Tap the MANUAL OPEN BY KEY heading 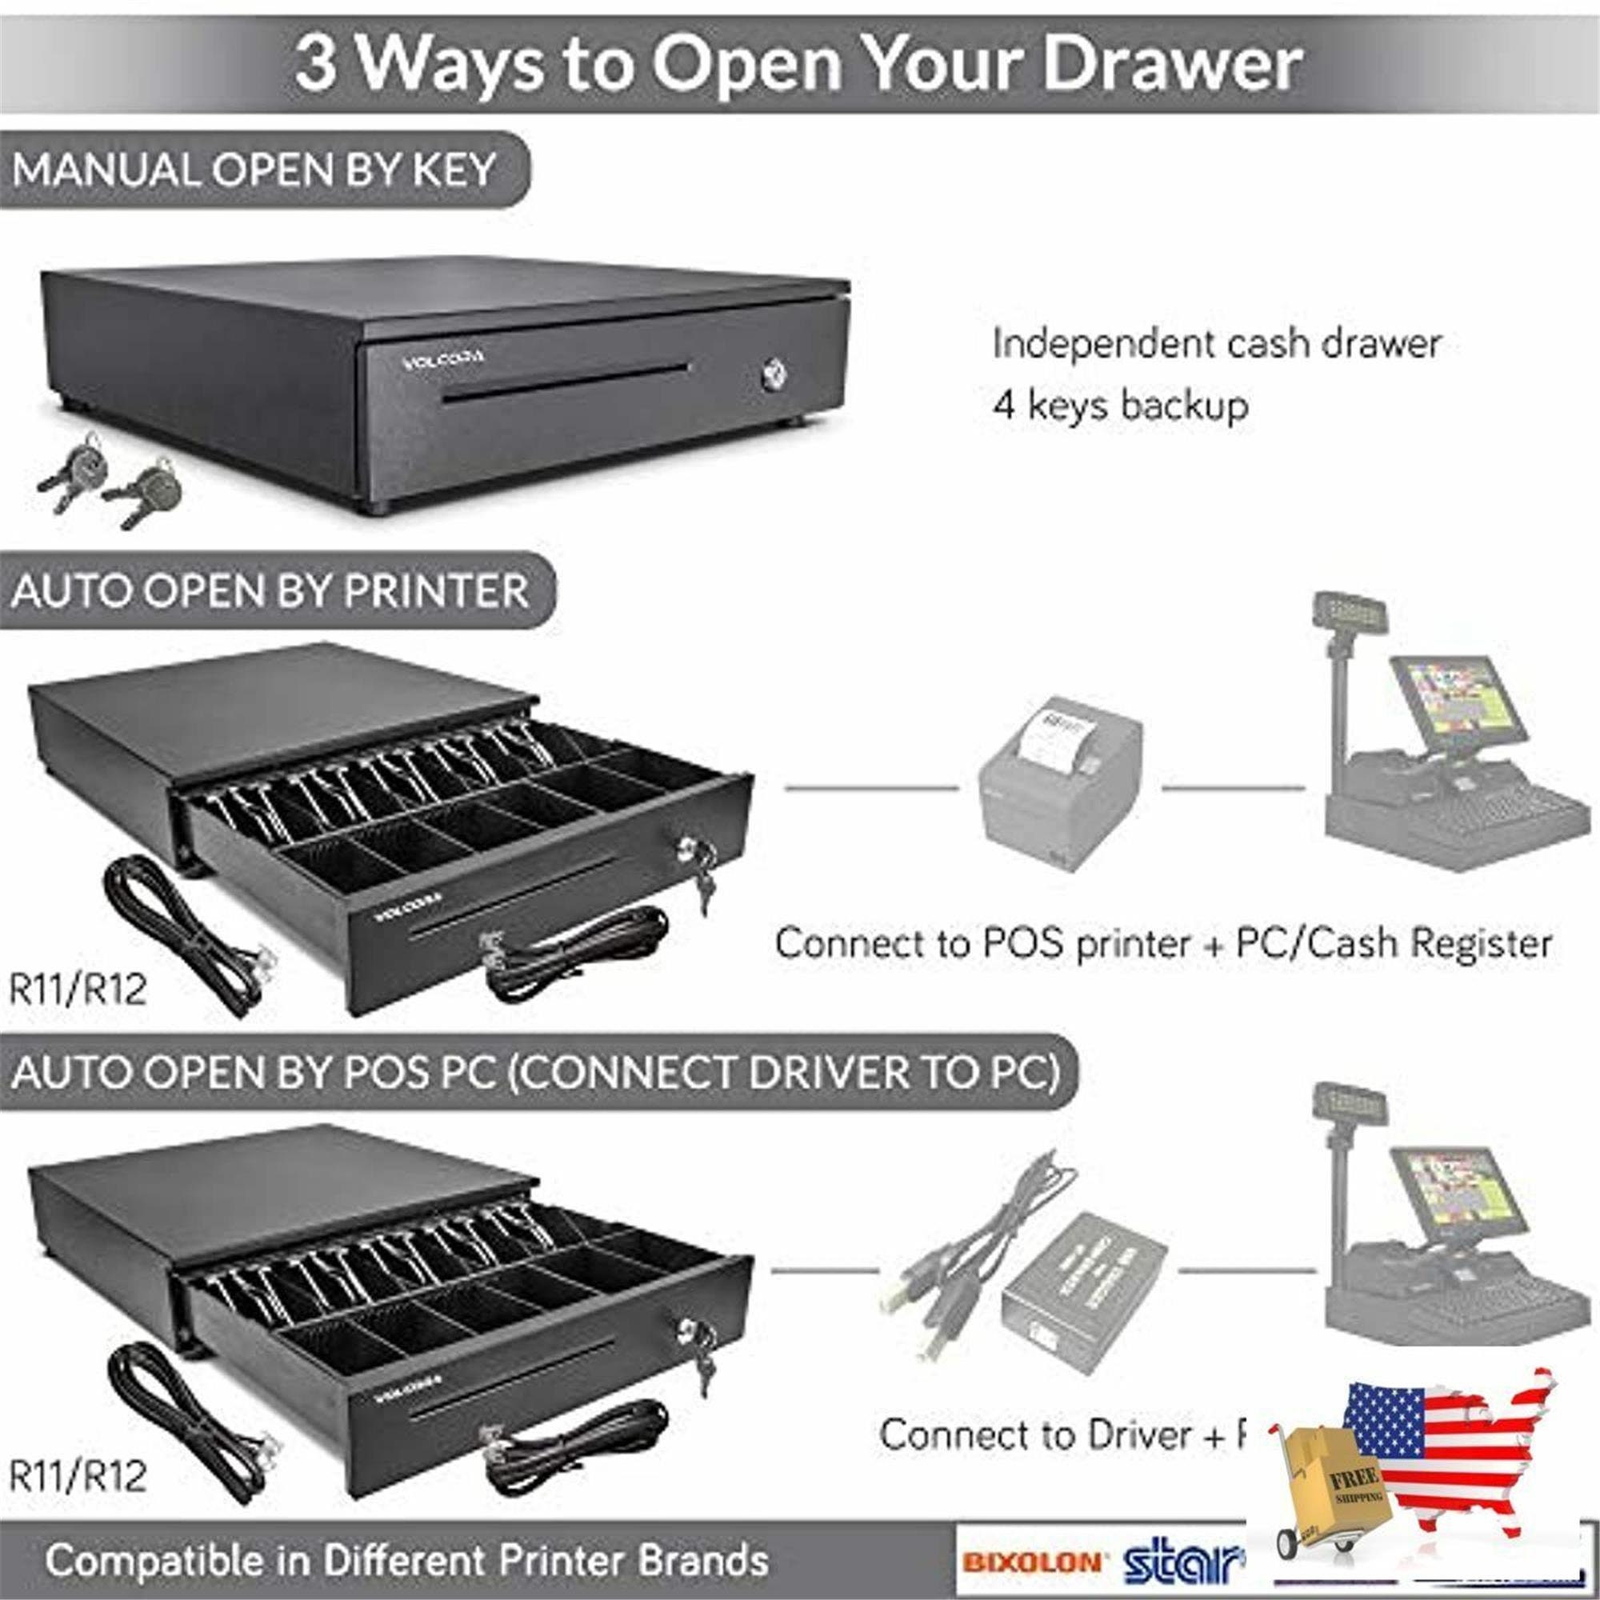point(254,170)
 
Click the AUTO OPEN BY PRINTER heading point(270,591)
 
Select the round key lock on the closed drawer point(774,374)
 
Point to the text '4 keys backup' point(1120,406)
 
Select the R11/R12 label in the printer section point(77,989)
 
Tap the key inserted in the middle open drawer point(704,890)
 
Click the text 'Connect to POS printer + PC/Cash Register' point(1162,943)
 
